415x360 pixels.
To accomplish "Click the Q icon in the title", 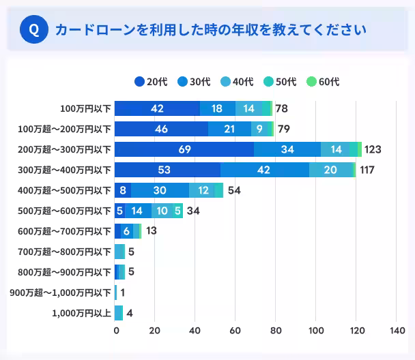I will (34, 30).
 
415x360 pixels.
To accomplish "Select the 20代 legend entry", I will (151, 82).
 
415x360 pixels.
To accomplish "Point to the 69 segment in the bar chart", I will (184, 149).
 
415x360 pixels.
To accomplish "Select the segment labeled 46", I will (161, 129).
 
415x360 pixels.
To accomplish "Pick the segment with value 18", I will (217, 108).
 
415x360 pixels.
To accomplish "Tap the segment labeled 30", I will (160, 190).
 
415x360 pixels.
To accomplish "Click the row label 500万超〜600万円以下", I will (64, 211).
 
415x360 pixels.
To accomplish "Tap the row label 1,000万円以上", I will (81, 313).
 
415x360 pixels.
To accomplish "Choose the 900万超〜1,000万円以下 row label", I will (60, 292).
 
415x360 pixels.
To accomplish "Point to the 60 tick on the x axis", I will (235, 331).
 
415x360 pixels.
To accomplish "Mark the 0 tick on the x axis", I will (115, 331).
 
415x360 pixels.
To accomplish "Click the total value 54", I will (234, 190).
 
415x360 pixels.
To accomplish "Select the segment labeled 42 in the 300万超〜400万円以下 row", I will (264, 170).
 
